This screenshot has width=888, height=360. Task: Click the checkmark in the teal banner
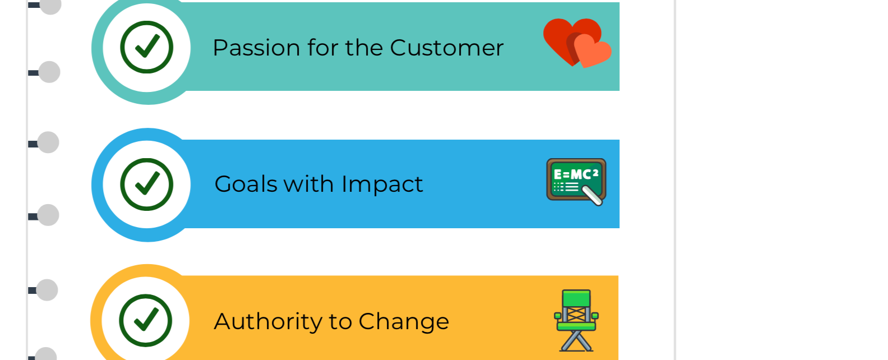click(x=147, y=47)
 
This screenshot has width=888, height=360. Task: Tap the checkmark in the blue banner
click(x=147, y=183)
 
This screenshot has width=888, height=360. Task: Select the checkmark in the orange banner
click(x=146, y=320)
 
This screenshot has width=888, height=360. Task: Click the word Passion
click(x=256, y=48)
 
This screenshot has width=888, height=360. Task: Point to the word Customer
click(x=447, y=48)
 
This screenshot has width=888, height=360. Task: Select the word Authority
click(x=269, y=322)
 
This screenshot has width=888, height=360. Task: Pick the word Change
click(x=404, y=322)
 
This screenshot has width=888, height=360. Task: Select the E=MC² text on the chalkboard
click(x=576, y=174)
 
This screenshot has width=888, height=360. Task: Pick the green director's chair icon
click(x=576, y=320)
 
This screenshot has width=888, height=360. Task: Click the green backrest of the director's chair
click(x=576, y=298)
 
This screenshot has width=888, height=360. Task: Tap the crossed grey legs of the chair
click(x=576, y=341)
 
